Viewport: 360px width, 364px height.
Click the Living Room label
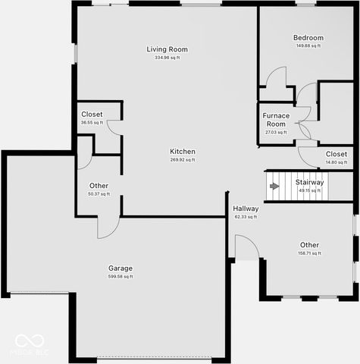(167, 49)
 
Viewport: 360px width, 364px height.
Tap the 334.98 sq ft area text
(167, 58)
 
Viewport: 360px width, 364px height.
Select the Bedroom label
(308, 38)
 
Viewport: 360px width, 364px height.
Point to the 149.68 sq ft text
(308, 45)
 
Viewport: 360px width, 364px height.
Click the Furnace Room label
(275, 120)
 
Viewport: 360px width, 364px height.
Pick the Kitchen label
(183, 152)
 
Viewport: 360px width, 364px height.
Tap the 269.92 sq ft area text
(183, 160)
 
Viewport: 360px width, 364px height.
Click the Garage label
(121, 268)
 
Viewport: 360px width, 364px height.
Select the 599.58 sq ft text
(121, 277)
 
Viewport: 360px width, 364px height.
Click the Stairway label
(310, 182)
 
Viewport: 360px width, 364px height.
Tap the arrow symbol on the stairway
(274, 186)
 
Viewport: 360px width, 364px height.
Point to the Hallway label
(246, 209)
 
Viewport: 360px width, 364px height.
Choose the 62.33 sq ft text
(246, 217)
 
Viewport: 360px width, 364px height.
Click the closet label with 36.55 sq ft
(92, 115)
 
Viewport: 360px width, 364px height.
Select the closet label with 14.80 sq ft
(337, 154)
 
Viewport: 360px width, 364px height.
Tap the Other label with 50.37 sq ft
(99, 186)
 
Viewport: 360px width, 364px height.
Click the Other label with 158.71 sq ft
(309, 245)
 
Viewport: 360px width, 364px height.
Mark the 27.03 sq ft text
(275, 133)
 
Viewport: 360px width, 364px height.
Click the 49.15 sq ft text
(310, 190)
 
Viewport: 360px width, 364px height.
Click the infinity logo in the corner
(30, 341)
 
